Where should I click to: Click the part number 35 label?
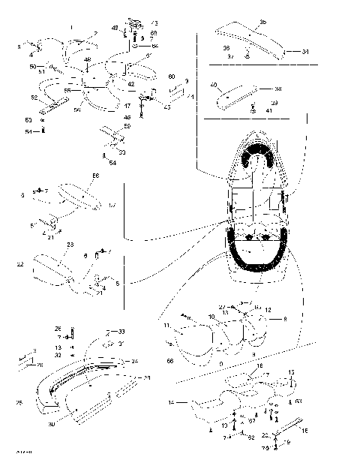click(x=262, y=22)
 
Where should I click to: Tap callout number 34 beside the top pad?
click(x=305, y=53)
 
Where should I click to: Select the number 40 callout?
click(x=214, y=85)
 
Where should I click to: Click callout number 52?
click(x=33, y=98)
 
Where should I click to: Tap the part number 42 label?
click(x=131, y=85)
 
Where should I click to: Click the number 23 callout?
click(x=70, y=245)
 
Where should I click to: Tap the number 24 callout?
click(x=136, y=360)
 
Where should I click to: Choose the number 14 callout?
click(x=173, y=403)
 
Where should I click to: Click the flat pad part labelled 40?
click(x=232, y=94)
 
